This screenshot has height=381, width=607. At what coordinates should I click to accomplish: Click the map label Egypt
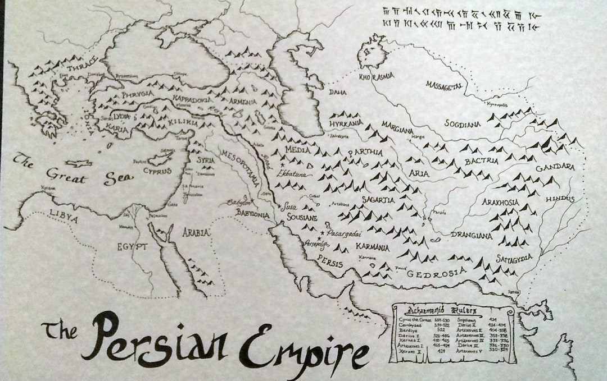132,246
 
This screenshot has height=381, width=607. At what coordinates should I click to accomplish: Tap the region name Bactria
481,161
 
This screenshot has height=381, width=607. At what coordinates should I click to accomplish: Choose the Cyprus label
157,170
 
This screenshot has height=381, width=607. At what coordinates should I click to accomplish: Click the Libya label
64,213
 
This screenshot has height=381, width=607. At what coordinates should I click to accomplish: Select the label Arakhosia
500,201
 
